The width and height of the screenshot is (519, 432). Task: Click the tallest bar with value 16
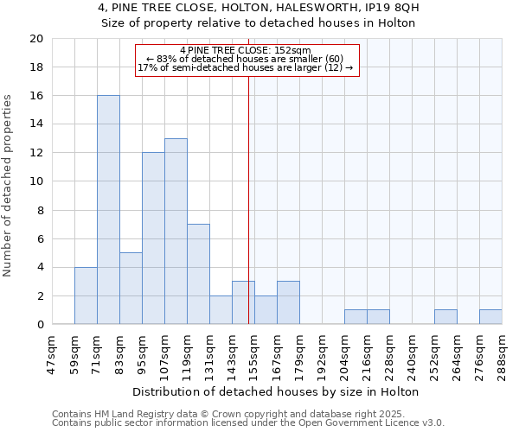point(108,210)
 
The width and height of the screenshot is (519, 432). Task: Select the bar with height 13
point(176,232)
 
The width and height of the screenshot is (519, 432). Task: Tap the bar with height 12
point(153,238)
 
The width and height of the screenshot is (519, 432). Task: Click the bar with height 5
point(131,289)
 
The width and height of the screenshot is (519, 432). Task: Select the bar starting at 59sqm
point(86,296)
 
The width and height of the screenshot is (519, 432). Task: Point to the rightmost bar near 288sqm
point(490,317)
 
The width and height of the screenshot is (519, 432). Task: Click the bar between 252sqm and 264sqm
point(445,317)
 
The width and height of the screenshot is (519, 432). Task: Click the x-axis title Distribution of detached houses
point(277,391)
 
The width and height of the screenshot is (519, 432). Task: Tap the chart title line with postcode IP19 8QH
point(259,8)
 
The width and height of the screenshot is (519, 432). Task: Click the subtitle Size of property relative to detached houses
point(259,23)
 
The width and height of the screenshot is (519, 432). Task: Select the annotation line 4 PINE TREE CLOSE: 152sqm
point(246,50)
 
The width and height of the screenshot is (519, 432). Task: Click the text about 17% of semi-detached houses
point(246,67)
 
